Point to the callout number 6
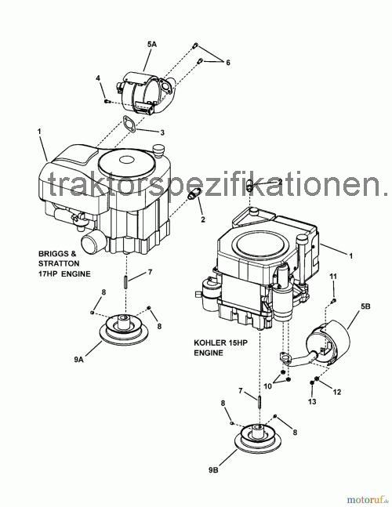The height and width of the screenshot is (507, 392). pyautogui.click(x=228, y=62)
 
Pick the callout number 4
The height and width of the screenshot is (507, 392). pyautogui.click(x=98, y=78)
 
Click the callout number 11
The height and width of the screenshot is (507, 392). pyautogui.click(x=332, y=277)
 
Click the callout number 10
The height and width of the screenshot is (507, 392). pyautogui.click(x=268, y=386)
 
